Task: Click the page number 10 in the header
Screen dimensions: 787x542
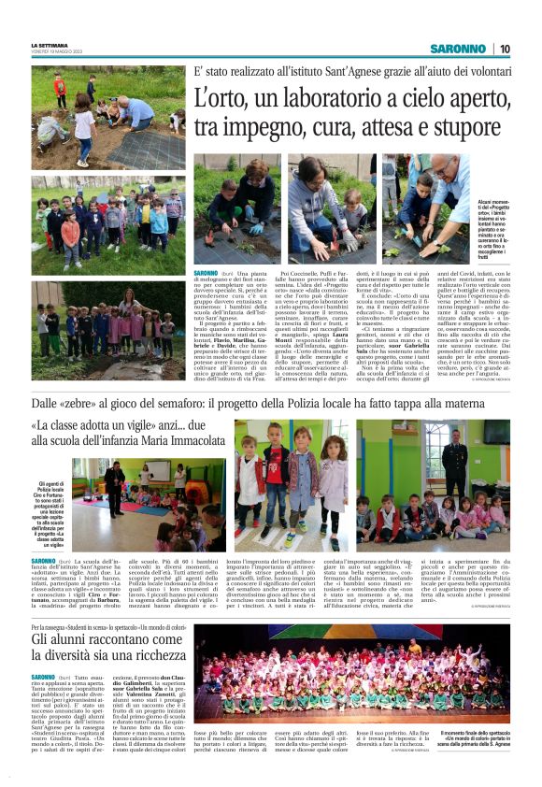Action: point(505,49)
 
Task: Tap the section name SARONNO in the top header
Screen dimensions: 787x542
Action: point(458,49)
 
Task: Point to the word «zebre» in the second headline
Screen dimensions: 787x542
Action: point(96,403)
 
